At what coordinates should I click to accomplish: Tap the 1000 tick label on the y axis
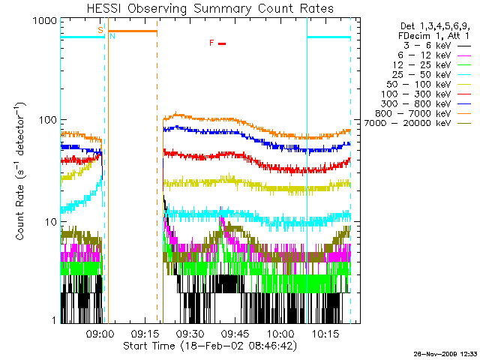[x=43, y=23]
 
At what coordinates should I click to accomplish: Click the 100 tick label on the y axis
[x=46, y=120]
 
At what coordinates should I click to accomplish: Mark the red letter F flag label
[x=212, y=43]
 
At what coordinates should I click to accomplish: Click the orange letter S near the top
[x=100, y=30]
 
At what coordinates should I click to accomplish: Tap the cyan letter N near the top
[x=112, y=36]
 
